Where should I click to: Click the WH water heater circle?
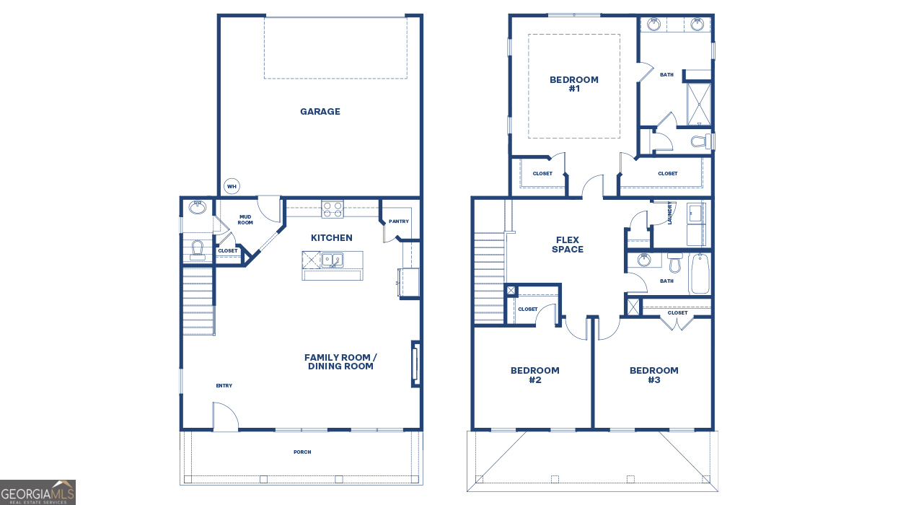232,186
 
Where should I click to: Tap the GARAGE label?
320,112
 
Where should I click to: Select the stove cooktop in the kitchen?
333,209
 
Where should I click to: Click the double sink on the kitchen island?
333,260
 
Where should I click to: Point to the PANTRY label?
399,221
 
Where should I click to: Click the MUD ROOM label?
245,220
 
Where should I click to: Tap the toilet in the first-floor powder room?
198,250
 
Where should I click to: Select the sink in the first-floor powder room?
198,207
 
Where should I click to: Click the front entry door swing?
225,416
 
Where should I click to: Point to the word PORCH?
302,452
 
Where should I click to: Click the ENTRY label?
224,386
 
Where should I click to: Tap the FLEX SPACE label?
568,245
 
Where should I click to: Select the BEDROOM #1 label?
574,84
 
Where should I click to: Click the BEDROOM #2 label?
535,375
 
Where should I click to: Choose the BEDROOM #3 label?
654,375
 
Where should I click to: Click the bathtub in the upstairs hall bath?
700,273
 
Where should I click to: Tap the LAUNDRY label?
669,213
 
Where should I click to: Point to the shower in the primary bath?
699,105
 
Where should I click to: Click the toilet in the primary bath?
702,141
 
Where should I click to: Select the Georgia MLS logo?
38,493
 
